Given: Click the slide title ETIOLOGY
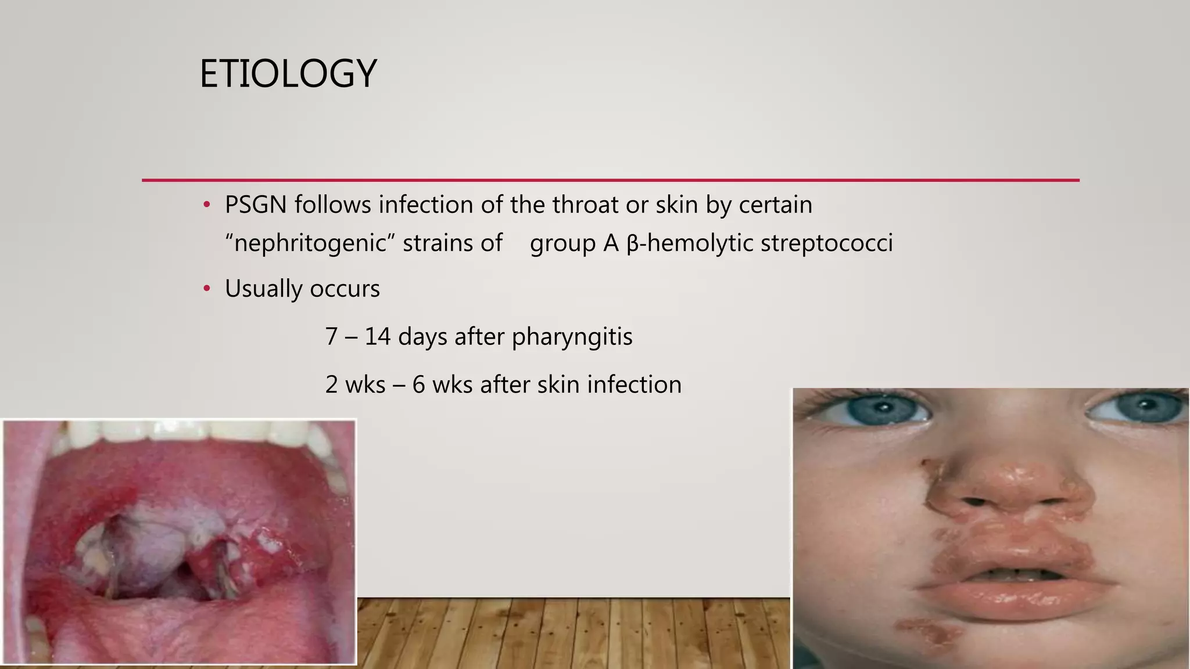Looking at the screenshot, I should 288,74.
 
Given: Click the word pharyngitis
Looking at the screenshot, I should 572,337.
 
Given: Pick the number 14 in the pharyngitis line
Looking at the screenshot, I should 377,337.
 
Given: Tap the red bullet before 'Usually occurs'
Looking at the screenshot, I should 206,289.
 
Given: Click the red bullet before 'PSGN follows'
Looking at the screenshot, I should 206,205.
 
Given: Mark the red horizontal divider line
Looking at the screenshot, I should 610,181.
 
